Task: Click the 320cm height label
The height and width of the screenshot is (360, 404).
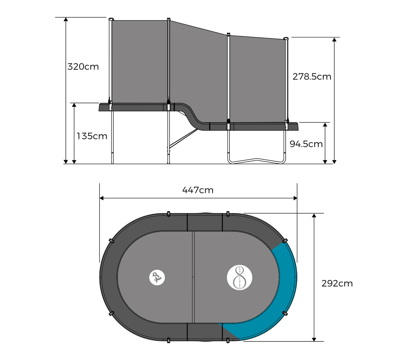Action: (83, 67)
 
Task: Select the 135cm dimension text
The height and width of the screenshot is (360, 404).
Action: (92, 136)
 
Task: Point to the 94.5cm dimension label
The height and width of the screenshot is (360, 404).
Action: (306, 144)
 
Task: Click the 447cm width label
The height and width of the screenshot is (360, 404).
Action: (198, 190)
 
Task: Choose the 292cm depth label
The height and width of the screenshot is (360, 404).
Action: (337, 283)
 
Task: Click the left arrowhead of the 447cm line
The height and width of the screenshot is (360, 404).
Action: (101, 198)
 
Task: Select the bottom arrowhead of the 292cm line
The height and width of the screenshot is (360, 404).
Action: (314, 339)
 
